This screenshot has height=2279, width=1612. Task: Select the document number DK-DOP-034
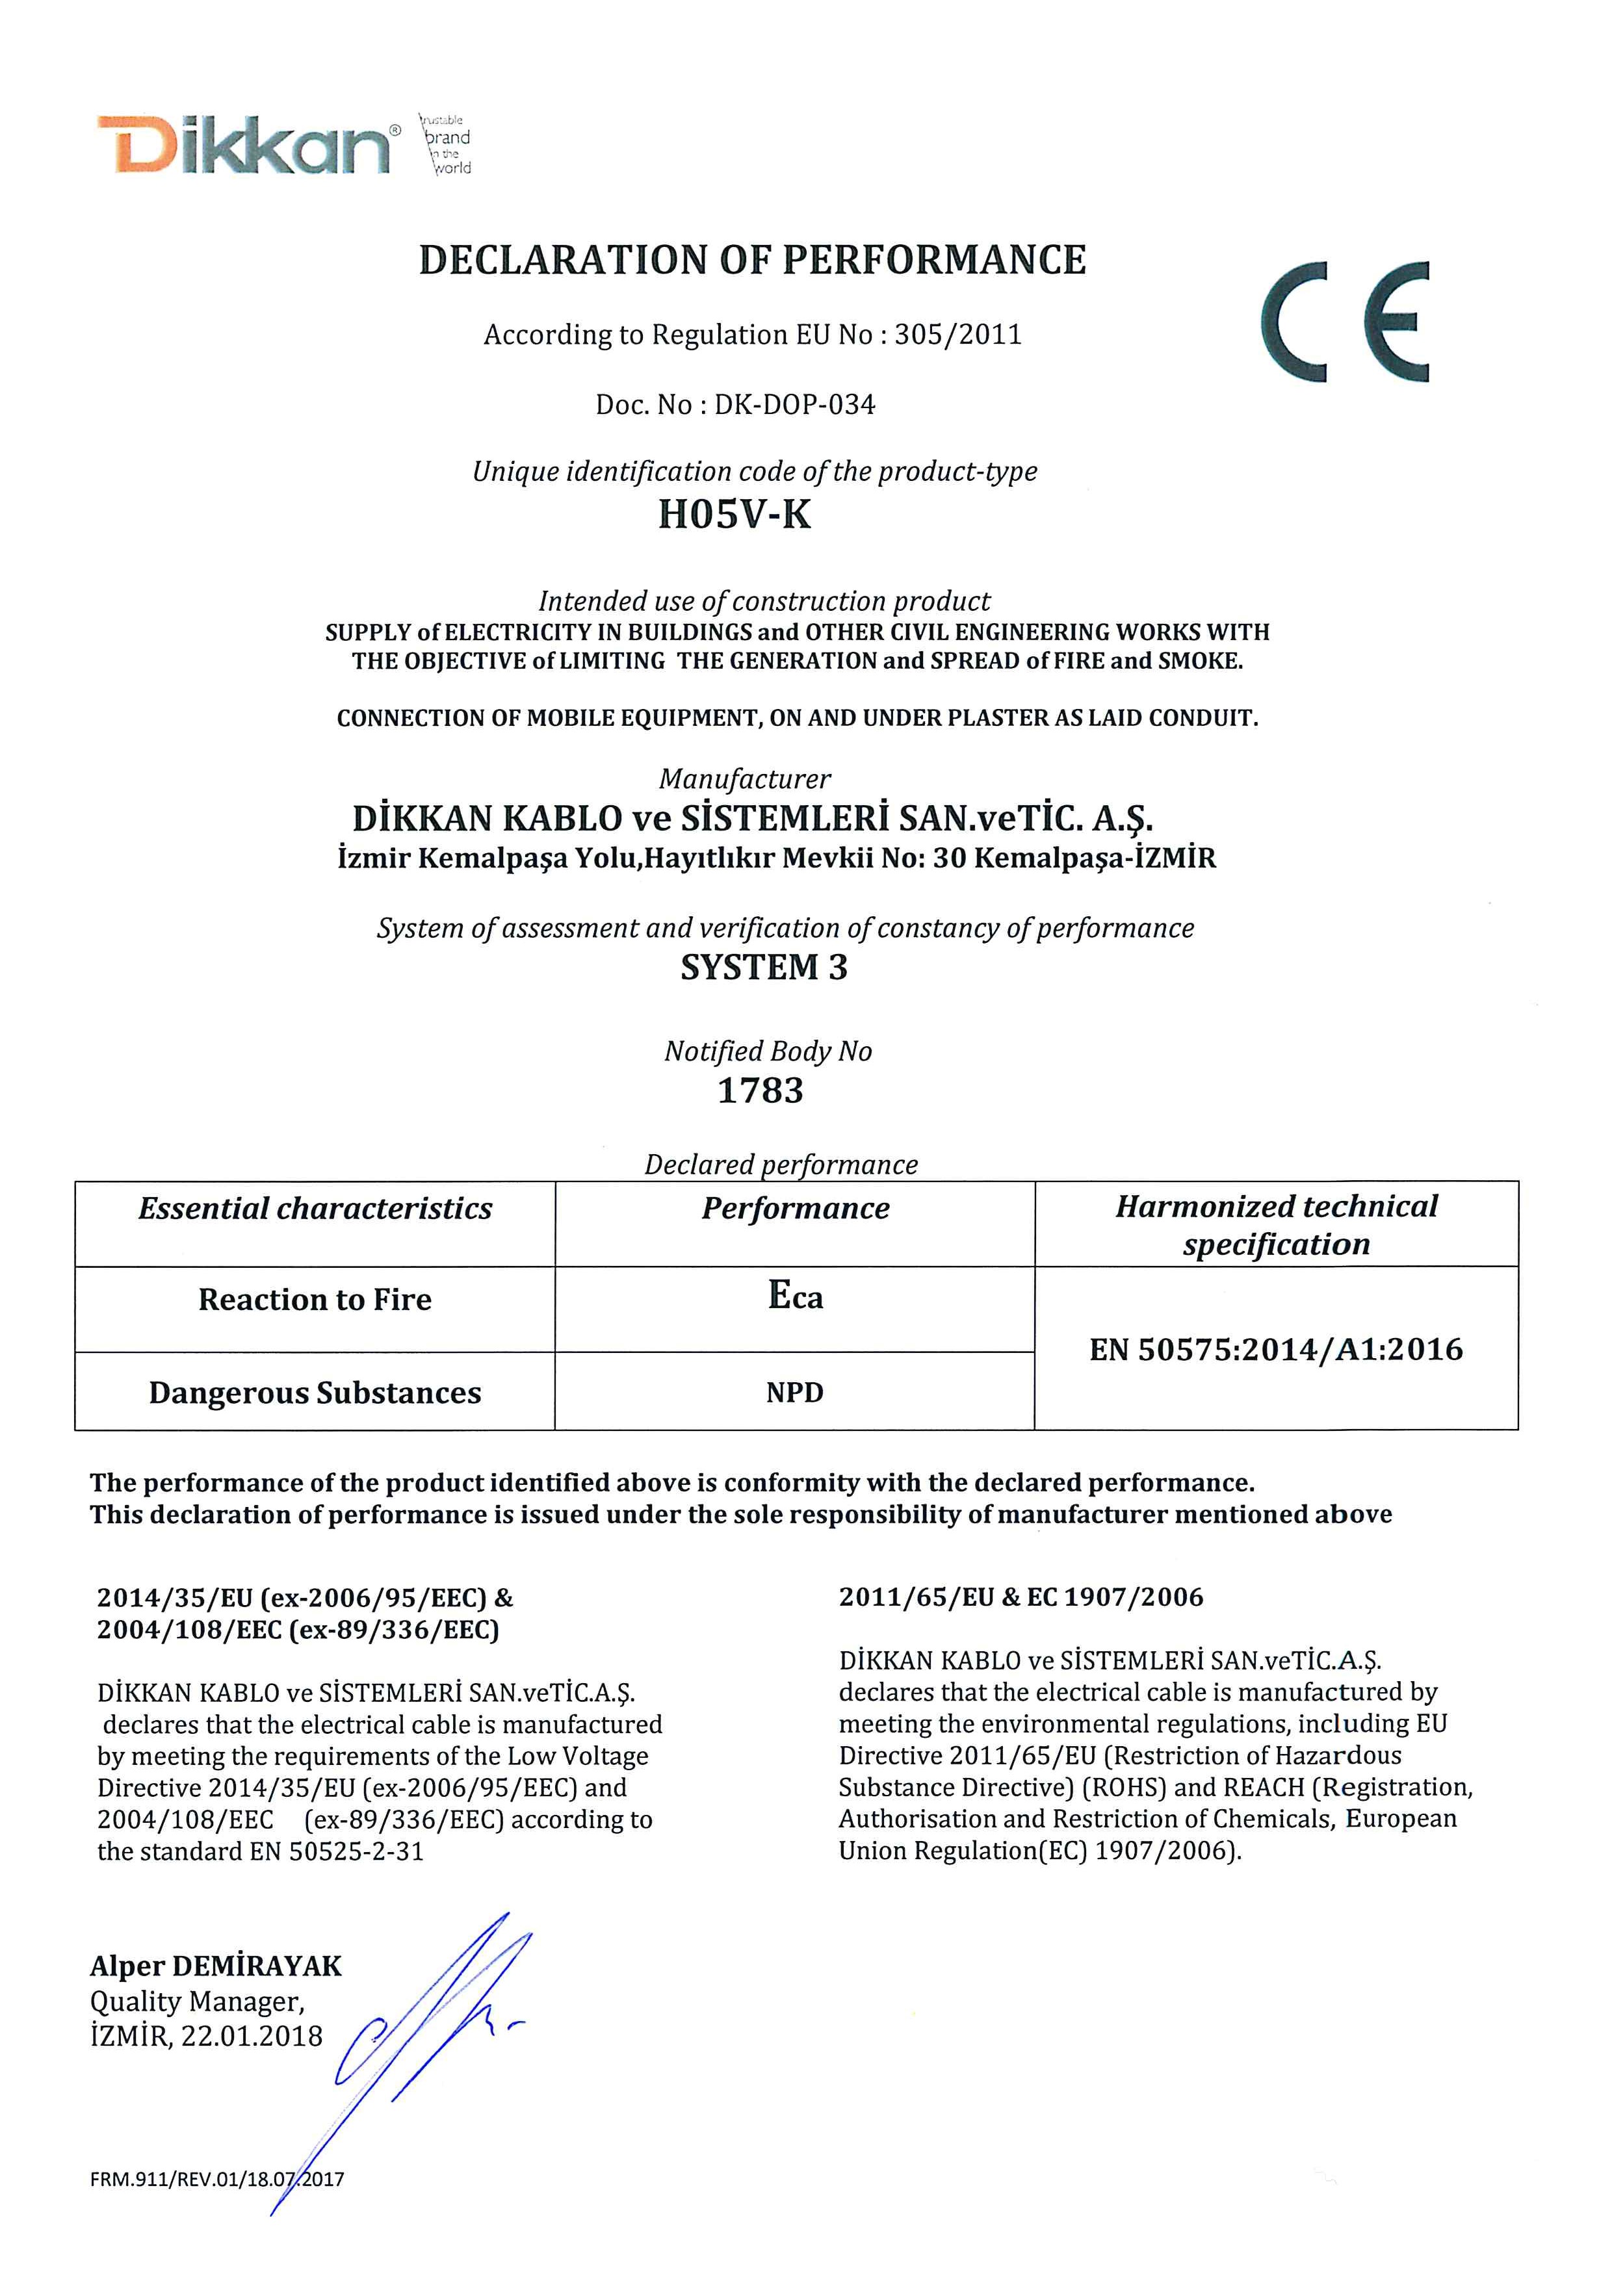tap(794, 405)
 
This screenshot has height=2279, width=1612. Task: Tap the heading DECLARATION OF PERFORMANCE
tap(753, 260)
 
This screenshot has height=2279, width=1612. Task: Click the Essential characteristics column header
tap(315, 1209)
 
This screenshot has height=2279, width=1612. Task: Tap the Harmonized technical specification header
tap(1277, 1225)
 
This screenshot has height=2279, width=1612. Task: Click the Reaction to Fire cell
tap(315, 1300)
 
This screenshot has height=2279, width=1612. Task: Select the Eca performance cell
tap(795, 1296)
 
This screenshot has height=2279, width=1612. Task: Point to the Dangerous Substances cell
tap(315, 1394)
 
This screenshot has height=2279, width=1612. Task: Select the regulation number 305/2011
tap(958, 335)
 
